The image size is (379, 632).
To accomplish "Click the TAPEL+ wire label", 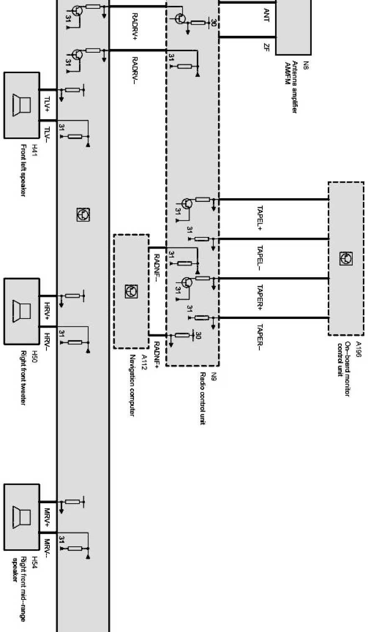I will click(260, 218).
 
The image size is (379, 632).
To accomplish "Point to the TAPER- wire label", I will click(260, 337).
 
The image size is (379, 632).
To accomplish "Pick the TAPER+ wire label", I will click(260, 298).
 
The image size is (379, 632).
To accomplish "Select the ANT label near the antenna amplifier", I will click(266, 15).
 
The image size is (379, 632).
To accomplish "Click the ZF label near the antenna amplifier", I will click(266, 48).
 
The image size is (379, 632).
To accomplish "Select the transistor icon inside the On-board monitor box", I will click(346, 258).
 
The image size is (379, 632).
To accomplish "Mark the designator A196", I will click(358, 349).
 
